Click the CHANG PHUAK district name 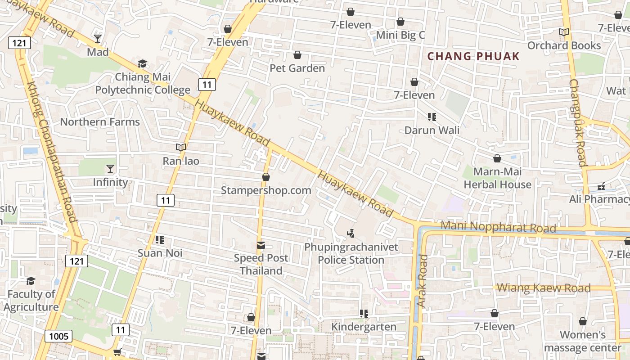click(x=473, y=57)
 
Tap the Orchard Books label click(x=564, y=45)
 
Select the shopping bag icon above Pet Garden click(x=297, y=55)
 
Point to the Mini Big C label click(x=400, y=35)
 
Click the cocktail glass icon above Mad click(x=98, y=38)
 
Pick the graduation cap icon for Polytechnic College click(x=142, y=63)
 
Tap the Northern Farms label click(x=100, y=122)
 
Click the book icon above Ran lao click(x=181, y=147)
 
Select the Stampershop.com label click(x=266, y=190)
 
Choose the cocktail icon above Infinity click(x=110, y=169)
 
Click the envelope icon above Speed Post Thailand click(x=261, y=245)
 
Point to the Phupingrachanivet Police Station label click(x=351, y=253)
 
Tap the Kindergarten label click(x=364, y=327)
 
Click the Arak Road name click(x=422, y=281)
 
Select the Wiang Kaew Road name click(x=544, y=288)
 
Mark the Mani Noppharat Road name click(x=499, y=227)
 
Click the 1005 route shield click(x=58, y=336)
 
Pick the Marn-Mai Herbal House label click(x=497, y=178)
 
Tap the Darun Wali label click(x=432, y=130)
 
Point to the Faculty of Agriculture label click(x=31, y=301)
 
